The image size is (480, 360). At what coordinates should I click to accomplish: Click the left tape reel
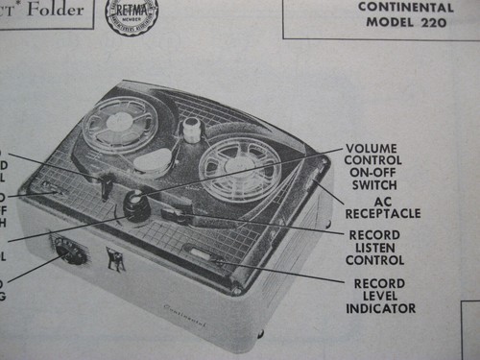point(119,125)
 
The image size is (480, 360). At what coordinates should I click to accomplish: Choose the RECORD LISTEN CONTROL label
point(375,246)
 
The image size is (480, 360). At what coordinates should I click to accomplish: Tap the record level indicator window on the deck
point(206,254)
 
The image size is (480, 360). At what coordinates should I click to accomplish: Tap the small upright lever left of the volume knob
point(106,186)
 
